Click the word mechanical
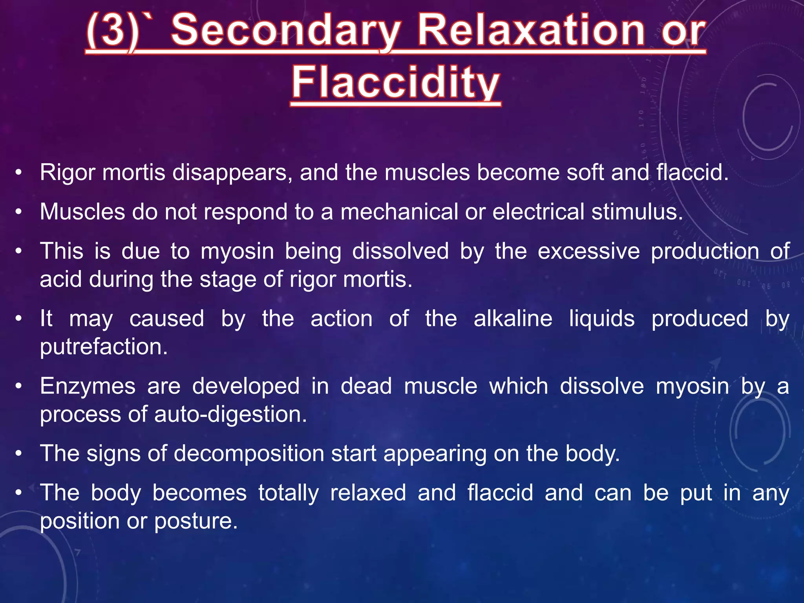click(x=399, y=212)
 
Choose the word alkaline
click(x=513, y=319)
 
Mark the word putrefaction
click(x=104, y=347)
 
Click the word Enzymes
click(x=88, y=386)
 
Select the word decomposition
click(x=249, y=454)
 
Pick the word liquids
click(x=601, y=319)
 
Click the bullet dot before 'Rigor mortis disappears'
click(x=18, y=173)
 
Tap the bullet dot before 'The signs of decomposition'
click(x=18, y=454)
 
